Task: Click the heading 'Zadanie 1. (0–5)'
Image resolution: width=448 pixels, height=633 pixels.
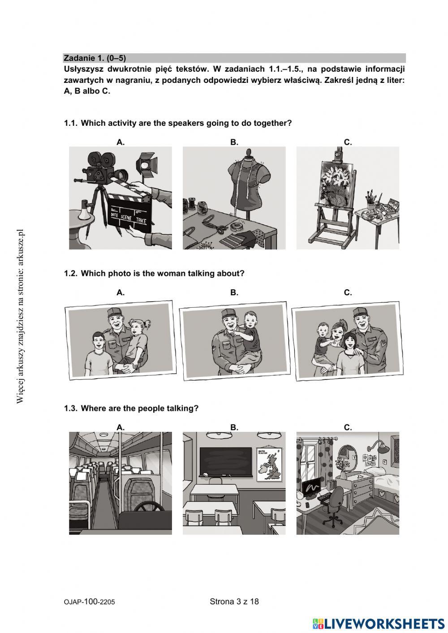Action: (x=95, y=58)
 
